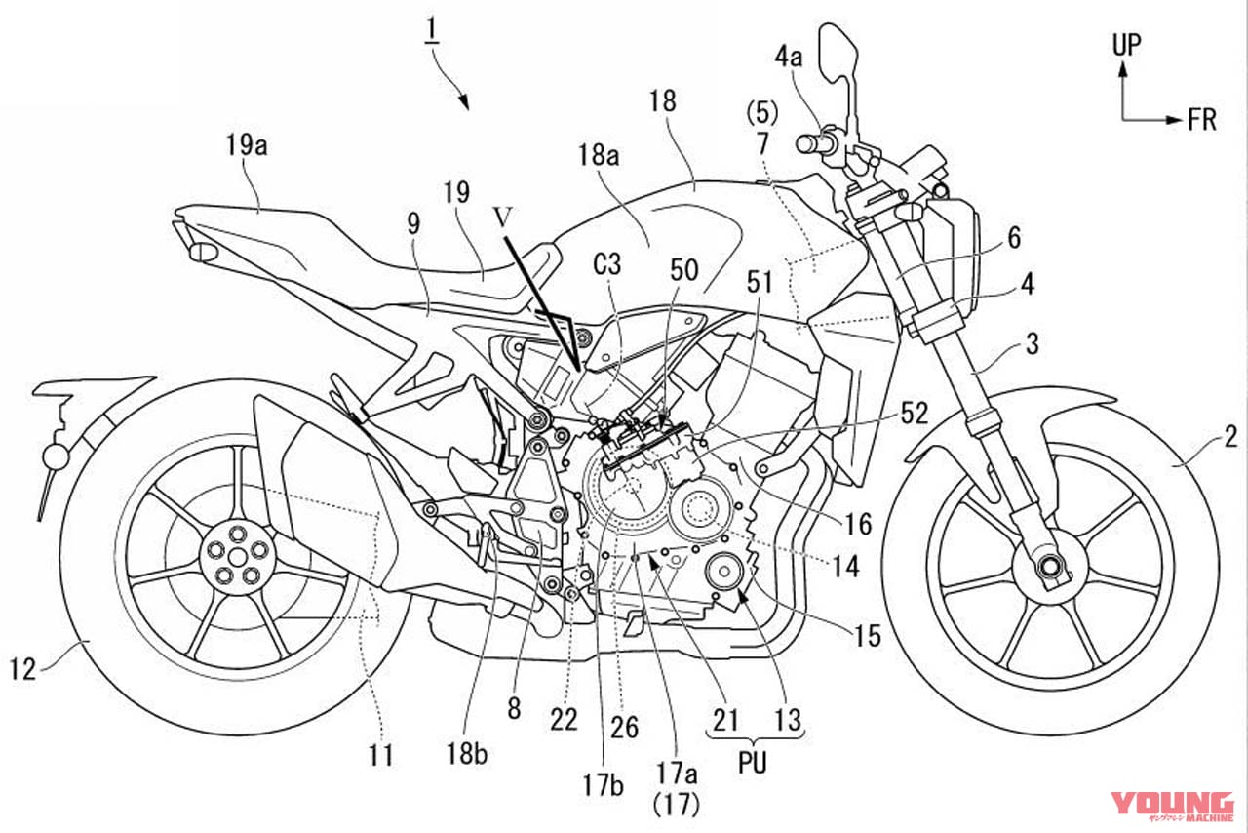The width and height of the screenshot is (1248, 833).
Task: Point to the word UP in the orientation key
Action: coord(1125,42)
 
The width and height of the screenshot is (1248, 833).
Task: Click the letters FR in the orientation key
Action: coord(1201,120)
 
